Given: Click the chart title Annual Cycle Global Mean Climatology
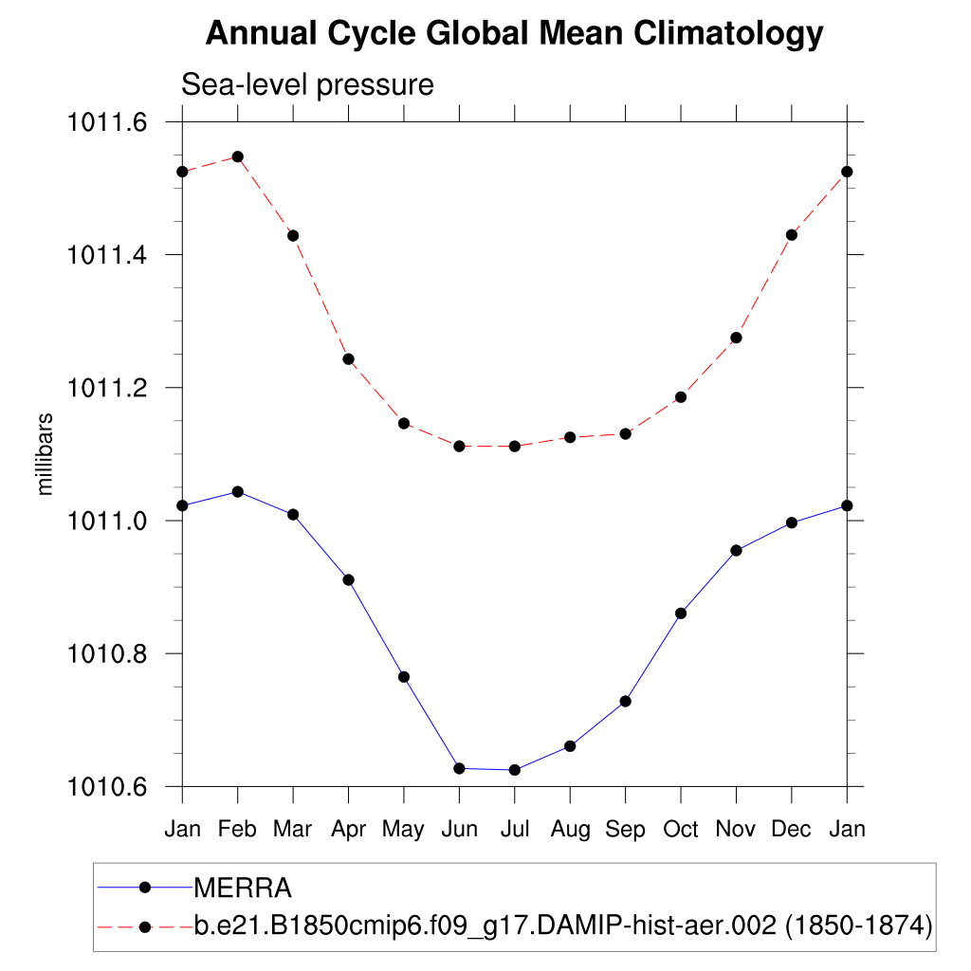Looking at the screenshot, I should pyautogui.click(x=514, y=34).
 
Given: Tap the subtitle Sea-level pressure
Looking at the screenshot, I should pyautogui.click(x=307, y=85).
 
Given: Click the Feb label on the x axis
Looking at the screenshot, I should pyautogui.click(x=237, y=830).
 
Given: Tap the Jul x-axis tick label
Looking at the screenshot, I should pyautogui.click(x=515, y=830).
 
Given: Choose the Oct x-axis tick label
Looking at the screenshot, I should pyautogui.click(x=681, y=830).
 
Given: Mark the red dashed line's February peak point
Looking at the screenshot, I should pyautogui.click(x=238, y=156).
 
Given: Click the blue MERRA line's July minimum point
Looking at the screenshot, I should pyautogui.click(x=515, y=770).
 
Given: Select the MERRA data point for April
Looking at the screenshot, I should pyautogui.click(x=349, y=579).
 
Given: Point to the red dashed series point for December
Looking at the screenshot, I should pyautogui.click(x=792, y=235).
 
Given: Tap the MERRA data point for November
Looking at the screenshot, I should pyautogui.click(x=736, y=550).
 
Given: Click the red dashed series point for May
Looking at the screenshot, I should pyautogui.click(x=404, y=423).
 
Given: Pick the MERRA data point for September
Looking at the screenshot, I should pyautogui.click(x=626, y=701).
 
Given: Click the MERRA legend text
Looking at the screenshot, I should pyautogui.click(x=242, y=889).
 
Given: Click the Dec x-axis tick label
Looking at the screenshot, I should pyautogui.click(x=791, y=830).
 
